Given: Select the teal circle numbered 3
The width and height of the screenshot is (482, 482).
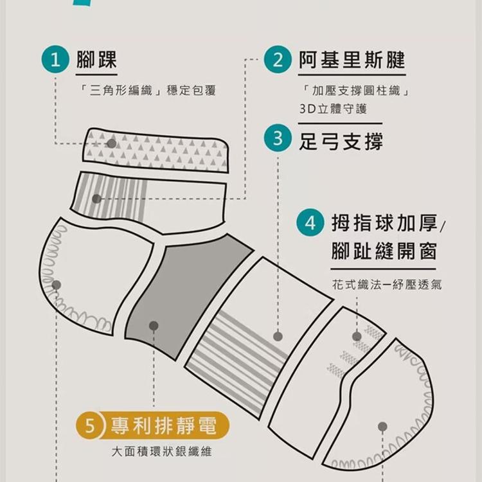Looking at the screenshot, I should click(x=278, y=139).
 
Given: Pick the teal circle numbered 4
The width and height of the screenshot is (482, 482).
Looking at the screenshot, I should click(x=310, y=224).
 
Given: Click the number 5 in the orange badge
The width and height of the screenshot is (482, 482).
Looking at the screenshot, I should click(x=91, y=425).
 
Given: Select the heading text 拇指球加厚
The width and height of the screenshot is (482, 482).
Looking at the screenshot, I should click(x=384, y=224).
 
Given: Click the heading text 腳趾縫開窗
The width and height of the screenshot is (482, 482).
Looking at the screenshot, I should click(x=384, y=251).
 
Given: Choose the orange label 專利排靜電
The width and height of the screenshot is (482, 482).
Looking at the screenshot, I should click(x=163, y=425).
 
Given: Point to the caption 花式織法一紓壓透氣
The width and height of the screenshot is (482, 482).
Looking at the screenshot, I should click(x=387, y=284).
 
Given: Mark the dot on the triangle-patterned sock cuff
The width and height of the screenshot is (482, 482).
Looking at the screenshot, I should click(x=112, y=143).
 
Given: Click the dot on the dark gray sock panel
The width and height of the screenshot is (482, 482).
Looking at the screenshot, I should click(x=154, y=326).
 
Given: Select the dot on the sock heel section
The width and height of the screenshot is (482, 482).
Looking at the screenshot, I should click(x=57, y=285).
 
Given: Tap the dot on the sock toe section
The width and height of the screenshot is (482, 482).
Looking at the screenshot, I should click(x=382, y=426).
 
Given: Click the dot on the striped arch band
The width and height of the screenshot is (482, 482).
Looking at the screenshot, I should click(x=278, y=336).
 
